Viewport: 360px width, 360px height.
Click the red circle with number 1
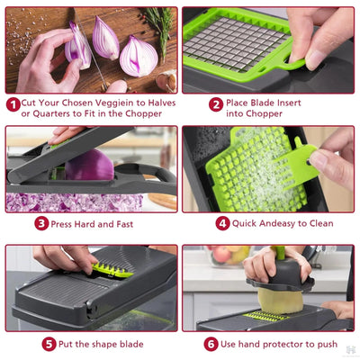(13, 104)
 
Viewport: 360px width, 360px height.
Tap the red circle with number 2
(216, 104)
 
